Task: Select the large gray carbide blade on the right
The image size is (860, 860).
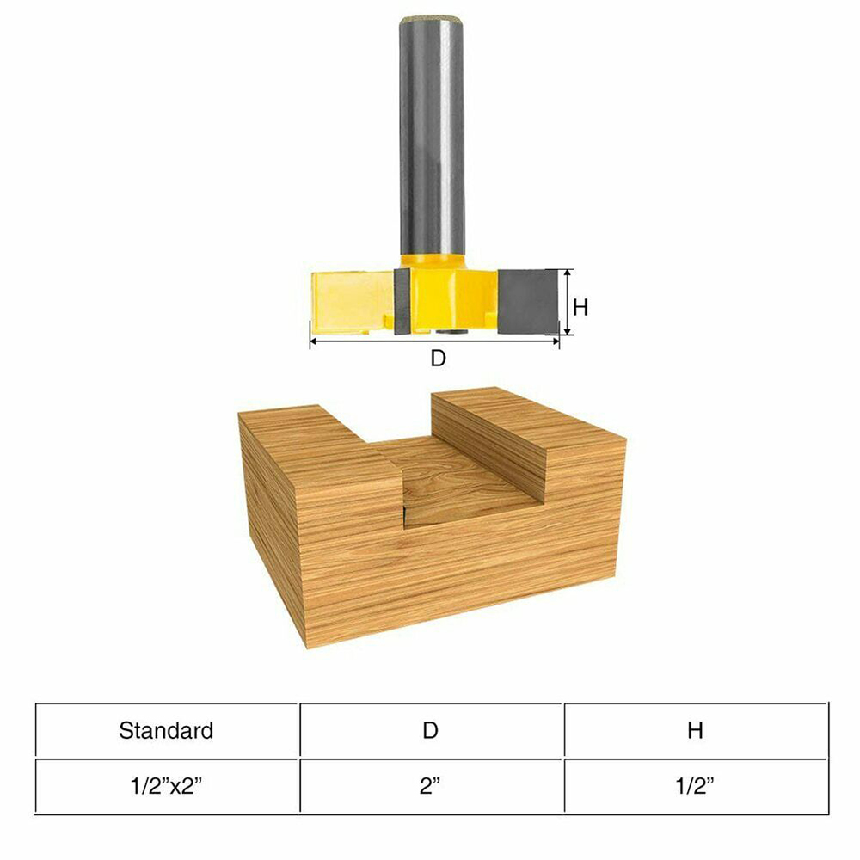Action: tap(527, 301)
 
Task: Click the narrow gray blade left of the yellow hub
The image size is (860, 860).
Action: tap(402, 301)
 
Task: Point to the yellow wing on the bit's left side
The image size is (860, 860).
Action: tap(348, 301)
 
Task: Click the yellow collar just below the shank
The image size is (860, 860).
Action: tap(433, 261)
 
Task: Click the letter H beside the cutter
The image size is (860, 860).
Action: tap(580, 307)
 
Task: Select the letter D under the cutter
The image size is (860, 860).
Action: tap(438, 359)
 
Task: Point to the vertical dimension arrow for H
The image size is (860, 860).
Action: tap(566, 301)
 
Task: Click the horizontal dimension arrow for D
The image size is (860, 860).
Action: tap(434, 341)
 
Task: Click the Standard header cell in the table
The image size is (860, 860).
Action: tap(166, 731)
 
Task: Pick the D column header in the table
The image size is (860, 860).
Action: tap(431, 731)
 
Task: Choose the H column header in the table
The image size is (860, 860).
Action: tap(695, 731)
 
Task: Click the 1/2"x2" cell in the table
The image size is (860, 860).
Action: tap(166, 787)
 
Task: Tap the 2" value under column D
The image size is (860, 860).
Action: tap(431, 787)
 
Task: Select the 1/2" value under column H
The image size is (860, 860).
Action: tap(695, 787)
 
